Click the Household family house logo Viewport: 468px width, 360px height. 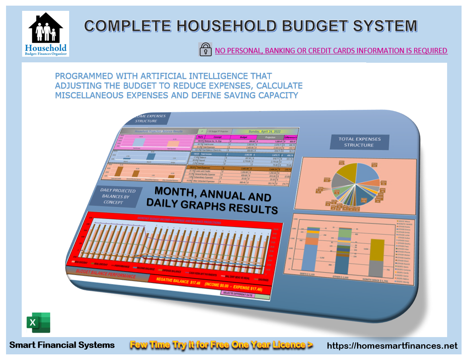tap(45, 34)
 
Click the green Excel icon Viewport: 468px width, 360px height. tap(38, 322)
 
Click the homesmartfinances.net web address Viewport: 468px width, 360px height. tap(392, 346)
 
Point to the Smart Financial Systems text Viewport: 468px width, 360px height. tap(62, 345)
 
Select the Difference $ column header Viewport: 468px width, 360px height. tap(293, 138)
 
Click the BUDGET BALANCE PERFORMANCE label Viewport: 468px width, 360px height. tap(106, 276)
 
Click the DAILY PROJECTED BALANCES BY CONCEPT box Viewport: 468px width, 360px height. tap(113, 196)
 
